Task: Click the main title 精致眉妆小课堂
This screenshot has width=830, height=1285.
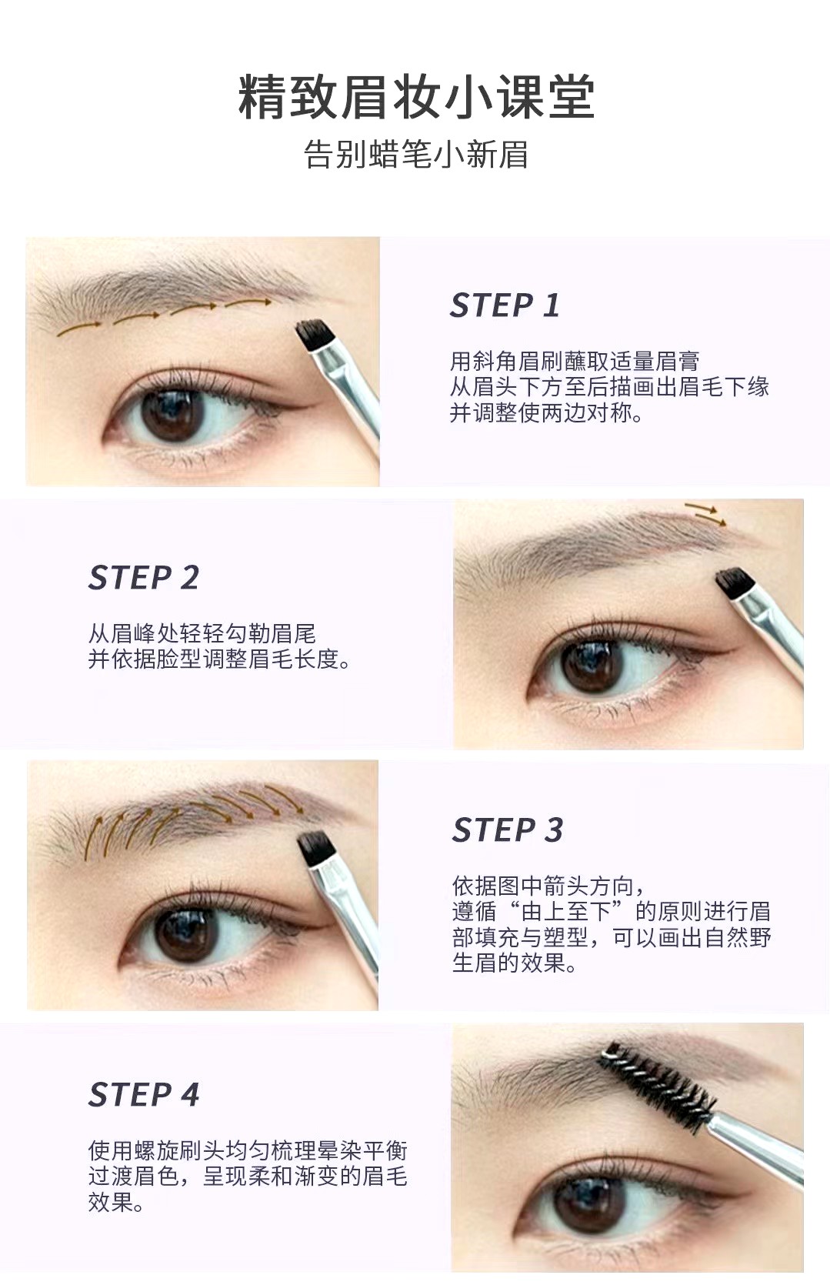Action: (x=415, y=98)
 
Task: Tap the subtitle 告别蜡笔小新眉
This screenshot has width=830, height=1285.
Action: (x=415, y=155)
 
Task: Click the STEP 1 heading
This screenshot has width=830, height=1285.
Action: (x=505, y=305)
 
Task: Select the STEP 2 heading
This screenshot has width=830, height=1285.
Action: (x=144, y=578)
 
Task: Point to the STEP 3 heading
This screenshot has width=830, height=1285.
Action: (x=507, y=830)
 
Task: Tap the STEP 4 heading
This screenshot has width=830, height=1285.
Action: (x=144, y=1095)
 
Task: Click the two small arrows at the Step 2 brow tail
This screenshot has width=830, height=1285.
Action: (x=706, y=514)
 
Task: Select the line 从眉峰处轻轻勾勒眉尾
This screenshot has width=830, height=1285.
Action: (x=202, y=634)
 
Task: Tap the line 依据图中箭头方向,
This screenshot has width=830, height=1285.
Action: (x=548, y=886)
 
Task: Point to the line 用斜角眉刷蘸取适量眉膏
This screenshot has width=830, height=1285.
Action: (x=575, y=361)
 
